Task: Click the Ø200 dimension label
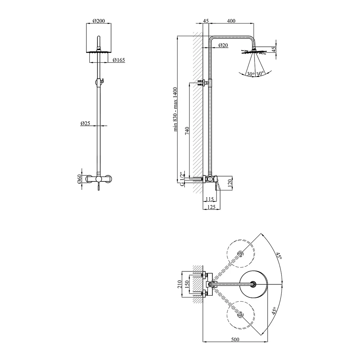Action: coord(99,21)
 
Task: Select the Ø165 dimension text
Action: coord(119,60)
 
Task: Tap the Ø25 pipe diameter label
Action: coord(85,123)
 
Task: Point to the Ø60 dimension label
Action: coord(79,179)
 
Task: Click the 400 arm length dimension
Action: coord(231,21)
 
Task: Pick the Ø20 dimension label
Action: coord(223,45)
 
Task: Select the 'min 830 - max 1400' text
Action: coord(175,109)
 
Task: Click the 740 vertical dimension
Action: coord(187,131)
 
